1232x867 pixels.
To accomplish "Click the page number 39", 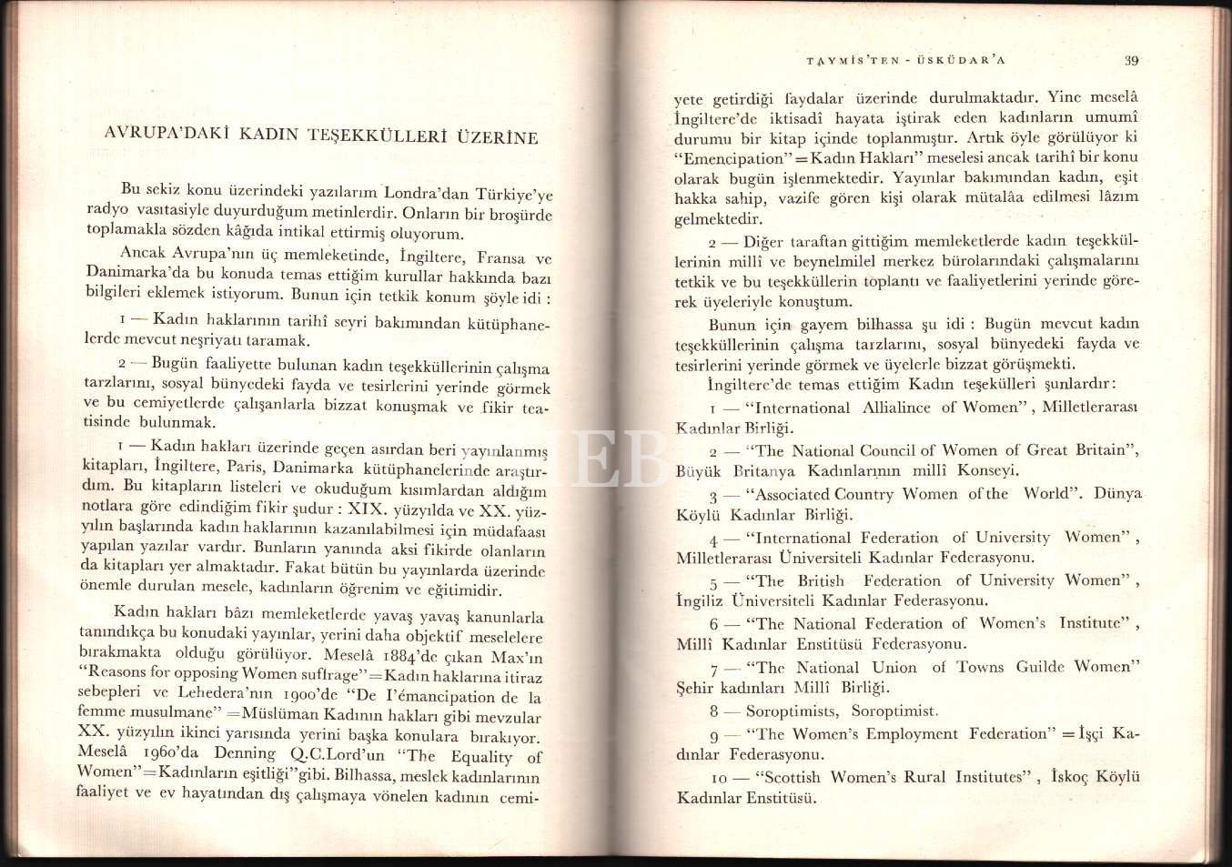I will [1131, 61].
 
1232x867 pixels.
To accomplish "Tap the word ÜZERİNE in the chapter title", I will [498, 137].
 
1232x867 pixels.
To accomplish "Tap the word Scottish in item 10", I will [793, 777].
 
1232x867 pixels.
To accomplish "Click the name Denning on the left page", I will [245, 753].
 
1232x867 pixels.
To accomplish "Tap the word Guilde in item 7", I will [1039, 667].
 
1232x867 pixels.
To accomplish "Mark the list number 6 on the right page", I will [715, 625].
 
